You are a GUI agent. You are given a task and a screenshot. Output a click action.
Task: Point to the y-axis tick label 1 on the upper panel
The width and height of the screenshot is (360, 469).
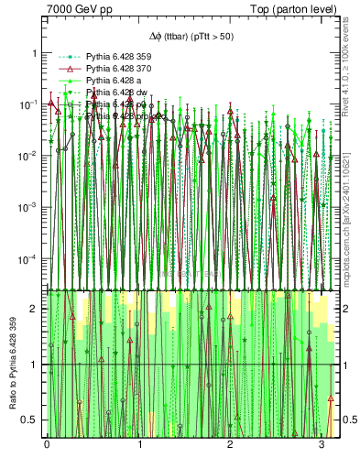point(34,53)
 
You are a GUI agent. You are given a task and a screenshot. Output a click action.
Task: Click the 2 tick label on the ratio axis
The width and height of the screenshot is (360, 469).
point(34,309)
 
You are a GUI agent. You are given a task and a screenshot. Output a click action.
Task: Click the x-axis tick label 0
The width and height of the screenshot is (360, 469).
point(47,444)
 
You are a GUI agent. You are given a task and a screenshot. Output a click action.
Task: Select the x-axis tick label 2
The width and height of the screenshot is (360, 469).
point(230,444)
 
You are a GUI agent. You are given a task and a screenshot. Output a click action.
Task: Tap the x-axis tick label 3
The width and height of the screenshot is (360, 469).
point(322,444)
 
